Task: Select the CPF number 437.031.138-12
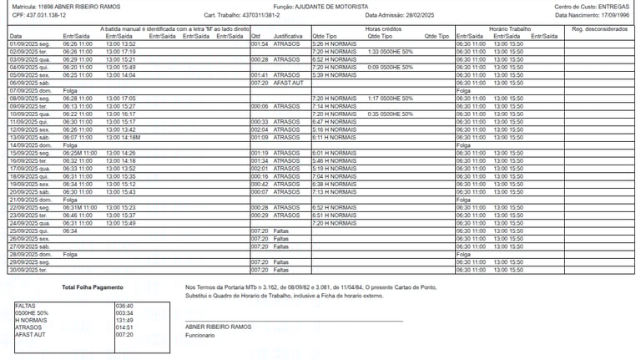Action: [x=46, y=15]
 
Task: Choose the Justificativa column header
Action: [x=288, y=37]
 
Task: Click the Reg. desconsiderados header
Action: [x=600, y=29]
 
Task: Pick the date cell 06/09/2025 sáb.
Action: [x=28, y=83]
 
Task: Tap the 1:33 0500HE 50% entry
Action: [x=390, y=52]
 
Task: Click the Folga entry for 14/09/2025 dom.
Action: [x=70, y=145]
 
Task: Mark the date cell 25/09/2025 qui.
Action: [x=28, y=231]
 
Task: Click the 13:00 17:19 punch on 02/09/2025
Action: [x=121, y=52]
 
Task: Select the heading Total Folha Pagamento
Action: [x=92, y=287]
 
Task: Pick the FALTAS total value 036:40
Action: [x=124, y=306]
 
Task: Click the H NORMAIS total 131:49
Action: [x=124, y=320]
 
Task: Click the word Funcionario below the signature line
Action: [x=200, y=335]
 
